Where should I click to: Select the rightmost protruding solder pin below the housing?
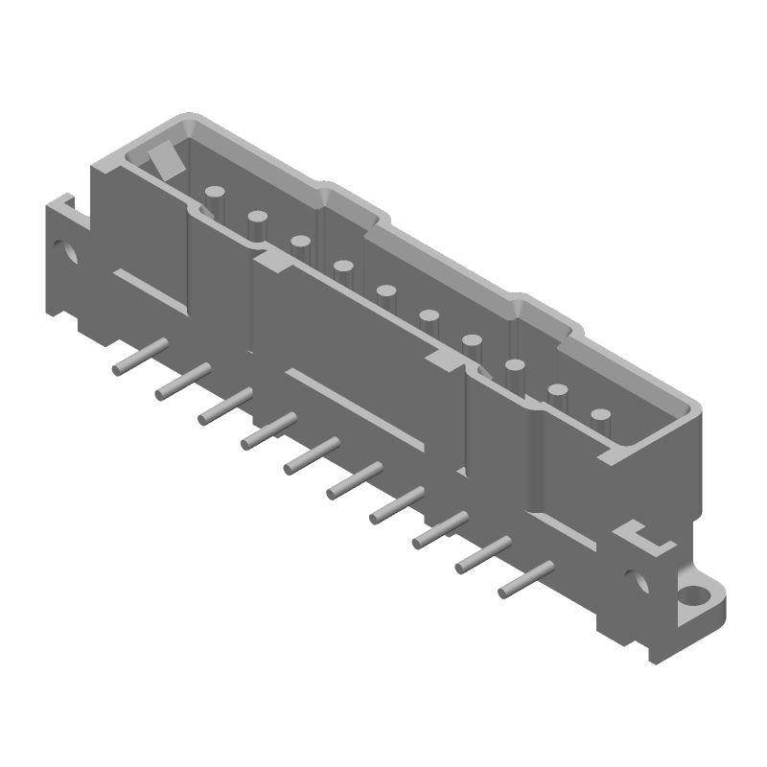(x=525, y=579)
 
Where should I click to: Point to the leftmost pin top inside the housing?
(x=216, y=199)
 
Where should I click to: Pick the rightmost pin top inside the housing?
(x=601, y=415)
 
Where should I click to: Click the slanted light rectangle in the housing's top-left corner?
(x=163, y=159)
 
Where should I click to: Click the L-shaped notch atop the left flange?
(x=64, y=203)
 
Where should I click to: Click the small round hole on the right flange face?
(x=635, y=579)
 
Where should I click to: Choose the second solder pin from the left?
(x=183, y=381)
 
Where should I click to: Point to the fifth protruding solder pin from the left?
(x=312, y=454)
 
